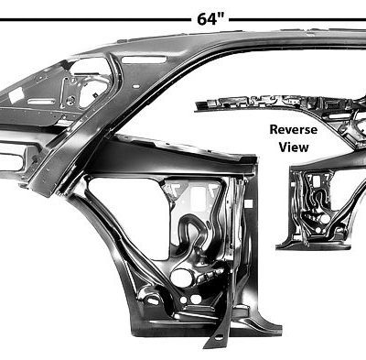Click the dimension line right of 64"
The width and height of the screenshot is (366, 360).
(302, 17)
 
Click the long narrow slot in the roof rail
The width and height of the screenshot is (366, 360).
(137, 57)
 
